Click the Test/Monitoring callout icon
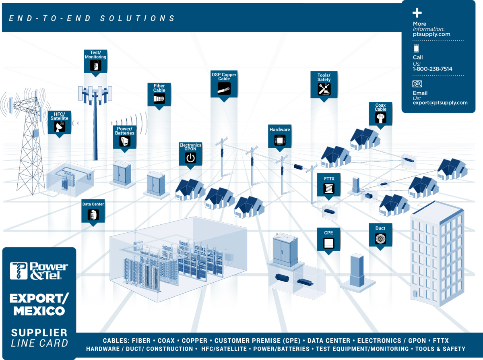(x=96, y=65)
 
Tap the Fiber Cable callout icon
(x=159, y=99)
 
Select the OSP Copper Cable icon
(x=224, y=89)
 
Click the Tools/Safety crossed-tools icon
(x=324, y=89)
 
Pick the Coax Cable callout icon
(x=380, y=118)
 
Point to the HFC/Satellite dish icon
(x=60, y=126)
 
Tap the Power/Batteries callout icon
(x=125, y=141)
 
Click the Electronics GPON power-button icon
(x=190, y=158)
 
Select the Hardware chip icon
(x=280, y=140)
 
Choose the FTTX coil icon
(x=329, y=188)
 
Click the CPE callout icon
(x=328, y=243)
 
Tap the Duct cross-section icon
(x=380, y=239)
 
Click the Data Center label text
(x=93, y=204)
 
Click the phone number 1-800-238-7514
(x=432, y=69)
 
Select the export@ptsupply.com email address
(x=440, y=103)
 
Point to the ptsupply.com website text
(x=431, y=34)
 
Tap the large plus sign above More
(x=417, y=12)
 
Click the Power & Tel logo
(x=39, y=271)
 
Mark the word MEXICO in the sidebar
(x=39, y=311)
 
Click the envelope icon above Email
(x=417, y=84)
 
